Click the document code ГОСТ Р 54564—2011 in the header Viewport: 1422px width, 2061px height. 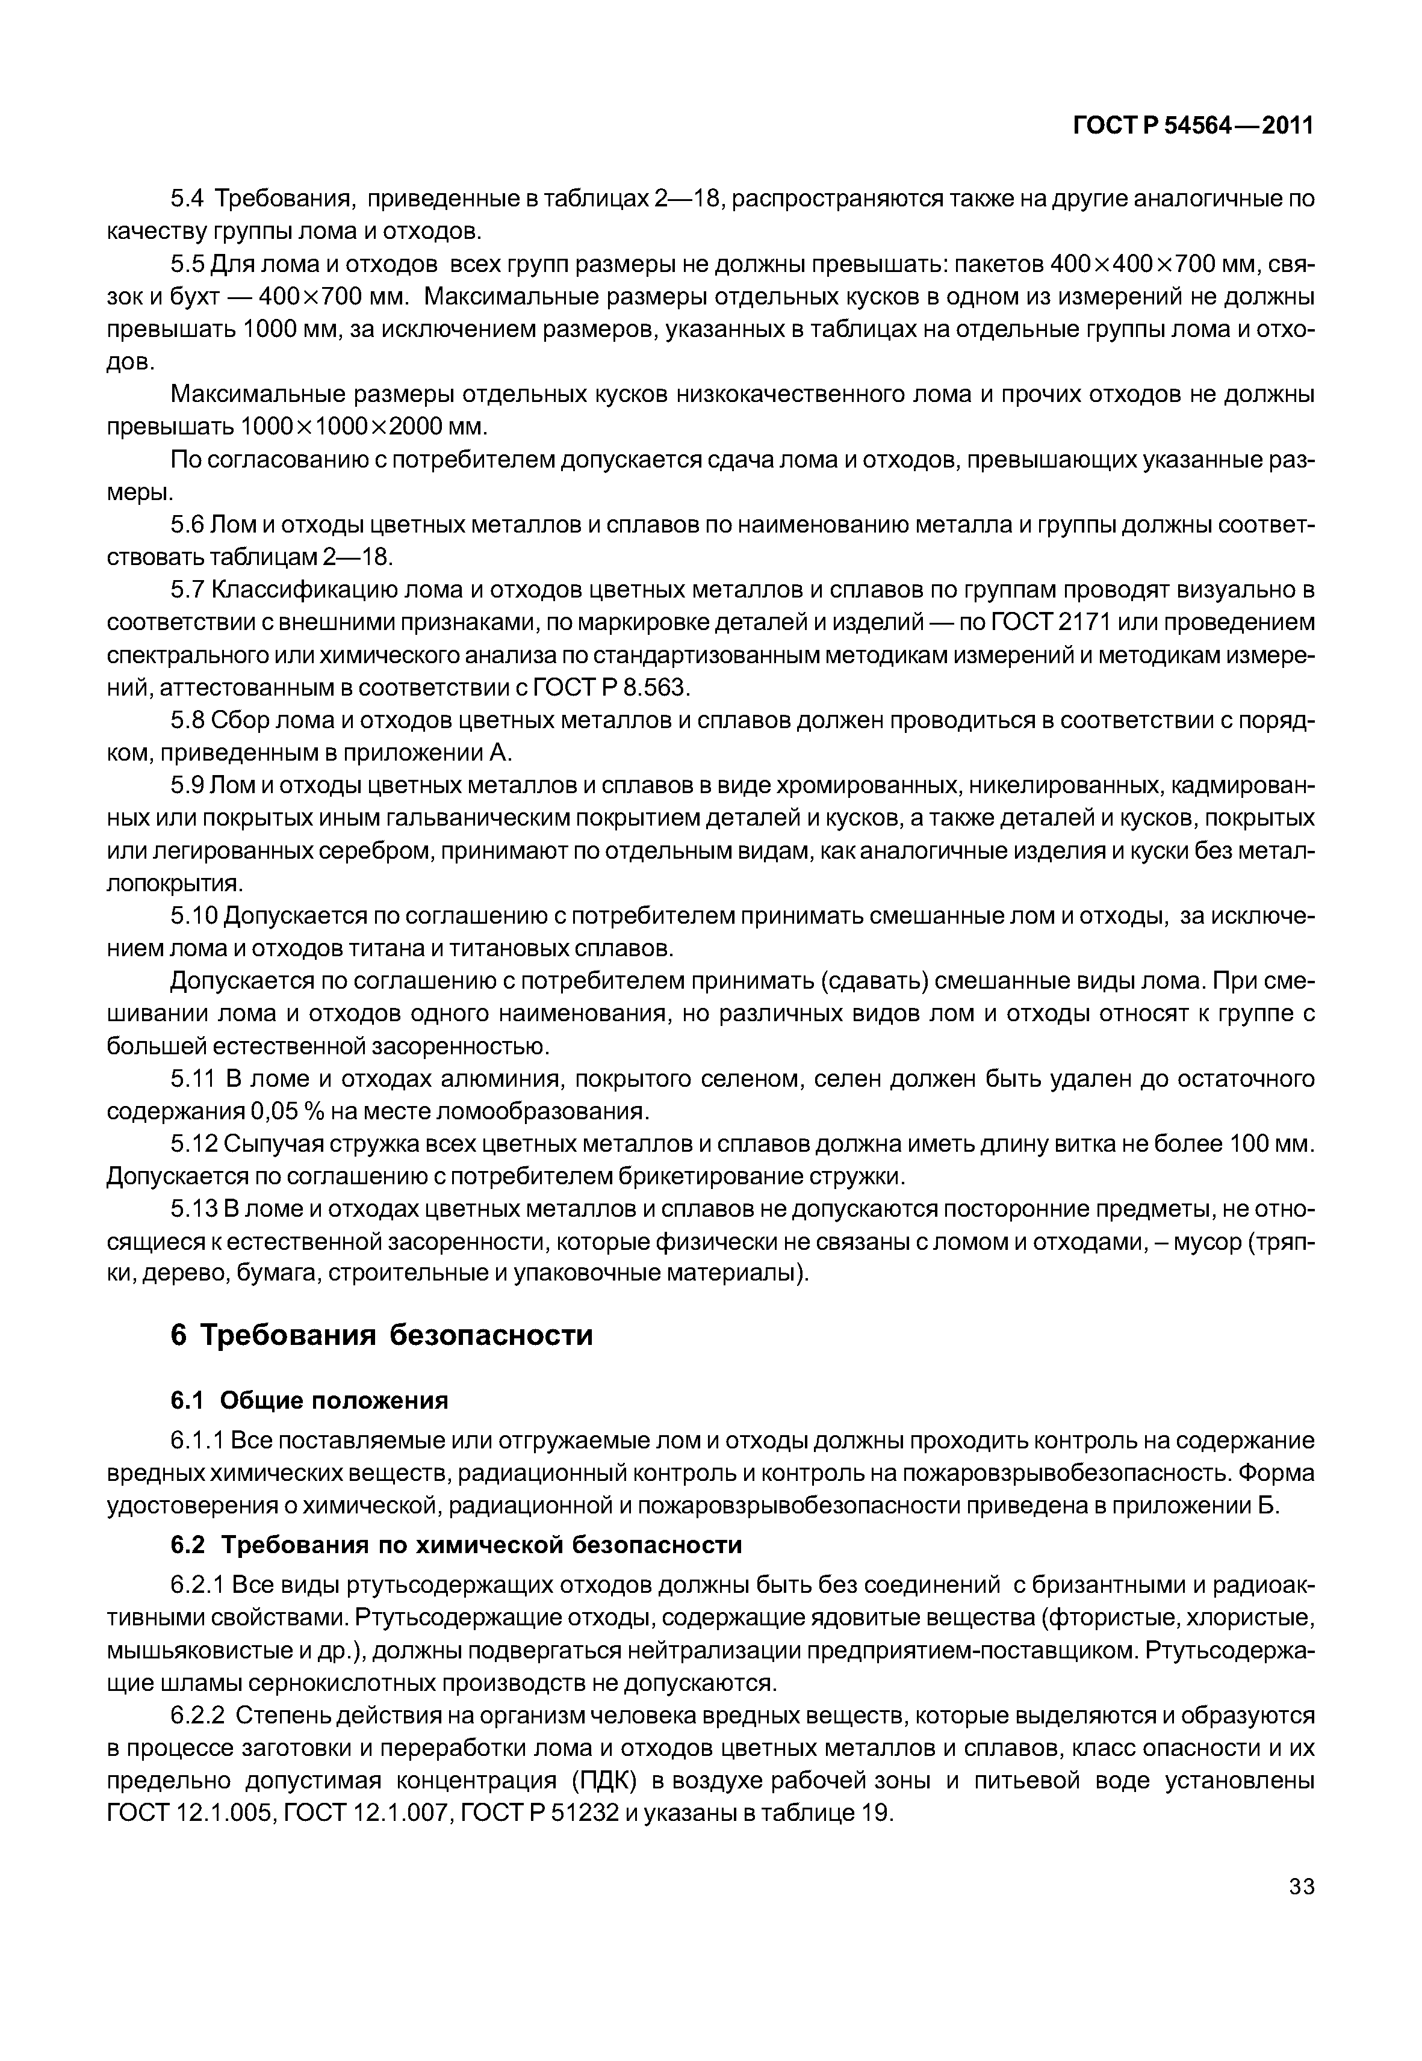(1193, 126)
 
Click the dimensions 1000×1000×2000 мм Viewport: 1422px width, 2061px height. (364, 427)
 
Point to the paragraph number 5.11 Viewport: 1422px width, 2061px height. (193, 1080)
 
